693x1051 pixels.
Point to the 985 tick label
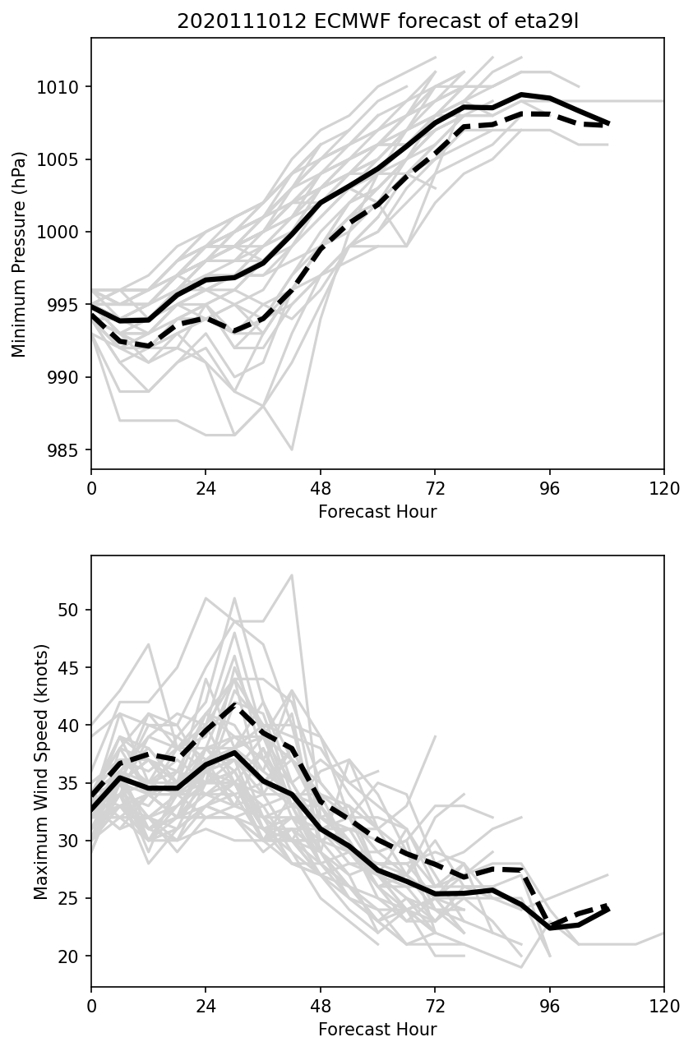point(66,450)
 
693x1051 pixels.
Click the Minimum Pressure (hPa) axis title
point(20,254)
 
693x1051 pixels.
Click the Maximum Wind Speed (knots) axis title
point(41,772)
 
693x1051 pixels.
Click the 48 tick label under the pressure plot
point(320,489)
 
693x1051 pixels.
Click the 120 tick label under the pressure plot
point(663,489)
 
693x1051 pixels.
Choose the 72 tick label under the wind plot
point(434,1007)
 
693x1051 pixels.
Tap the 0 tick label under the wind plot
point(91,1007)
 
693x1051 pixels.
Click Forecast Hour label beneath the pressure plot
point(377,512)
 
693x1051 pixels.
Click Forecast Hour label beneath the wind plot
point(377,1030)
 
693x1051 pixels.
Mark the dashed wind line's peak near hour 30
point(235,705)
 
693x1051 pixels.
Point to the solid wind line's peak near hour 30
point(235,752)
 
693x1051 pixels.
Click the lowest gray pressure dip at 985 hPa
point(292,449)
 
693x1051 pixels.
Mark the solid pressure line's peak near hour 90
point(521,94)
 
